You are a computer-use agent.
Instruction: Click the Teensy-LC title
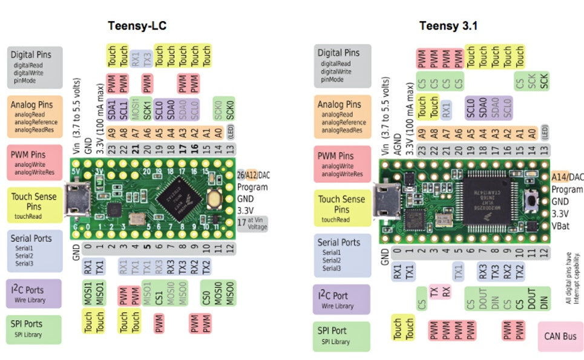coord(137,26)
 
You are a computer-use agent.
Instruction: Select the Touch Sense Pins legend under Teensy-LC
coord(34,205)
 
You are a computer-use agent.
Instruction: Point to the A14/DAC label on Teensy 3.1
coord(567,177)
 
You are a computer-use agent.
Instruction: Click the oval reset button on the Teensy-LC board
coord(214,198)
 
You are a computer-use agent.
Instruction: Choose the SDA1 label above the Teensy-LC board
coord(111,111)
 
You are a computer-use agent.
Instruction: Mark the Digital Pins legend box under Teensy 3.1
coord(343,65)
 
